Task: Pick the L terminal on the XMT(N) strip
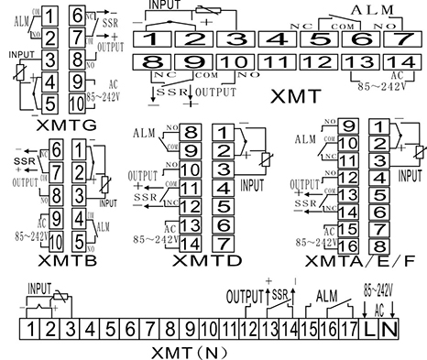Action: tap(371, 327)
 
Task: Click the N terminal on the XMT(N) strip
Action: tap(391, 327)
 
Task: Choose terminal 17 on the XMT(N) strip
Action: tap(350, 327)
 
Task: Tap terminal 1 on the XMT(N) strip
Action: tap(31, 327)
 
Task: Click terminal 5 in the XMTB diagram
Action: tap(78, 243)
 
